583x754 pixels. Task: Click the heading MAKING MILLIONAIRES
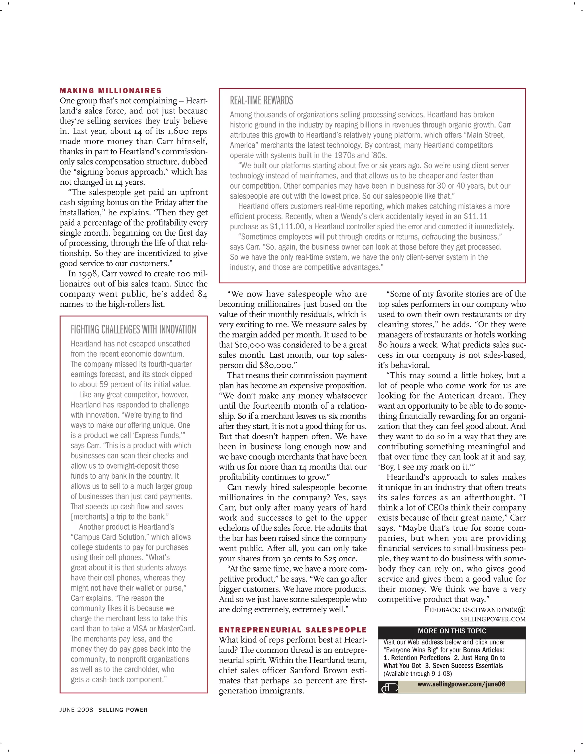[x=110, y=91]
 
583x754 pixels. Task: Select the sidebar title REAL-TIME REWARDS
[x=261, y=100]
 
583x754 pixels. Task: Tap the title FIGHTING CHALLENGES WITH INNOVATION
[x=133, y=330]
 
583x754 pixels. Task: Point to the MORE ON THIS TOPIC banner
[x=451, y=631]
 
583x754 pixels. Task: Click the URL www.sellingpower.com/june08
[x=461, y=684]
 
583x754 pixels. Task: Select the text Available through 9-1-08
[x=417, y=673]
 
